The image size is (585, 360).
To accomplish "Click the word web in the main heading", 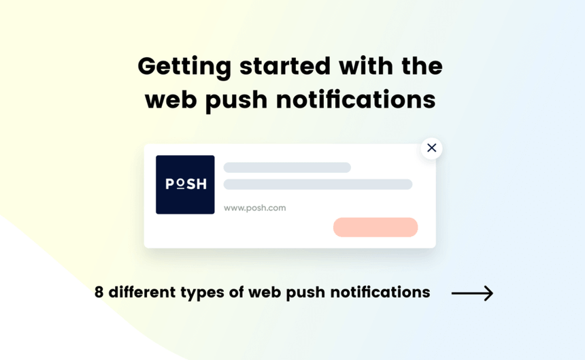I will click(170, 99).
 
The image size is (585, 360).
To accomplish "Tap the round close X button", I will click(431, 148).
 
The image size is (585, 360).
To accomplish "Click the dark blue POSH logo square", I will click(185, 184).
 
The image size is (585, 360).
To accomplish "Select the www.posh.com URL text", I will click(254, 208).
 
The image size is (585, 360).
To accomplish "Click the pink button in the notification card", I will click(375, 227).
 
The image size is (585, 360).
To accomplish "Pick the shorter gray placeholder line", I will click(287, 167).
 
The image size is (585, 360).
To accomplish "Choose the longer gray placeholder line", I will click(318, 184).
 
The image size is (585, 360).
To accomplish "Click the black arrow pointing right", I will click(472, 293).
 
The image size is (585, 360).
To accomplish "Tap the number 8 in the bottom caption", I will click(99, 293).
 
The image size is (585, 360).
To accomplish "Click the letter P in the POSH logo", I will click(170, 184).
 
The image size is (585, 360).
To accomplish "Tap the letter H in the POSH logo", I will click(201, 184).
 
